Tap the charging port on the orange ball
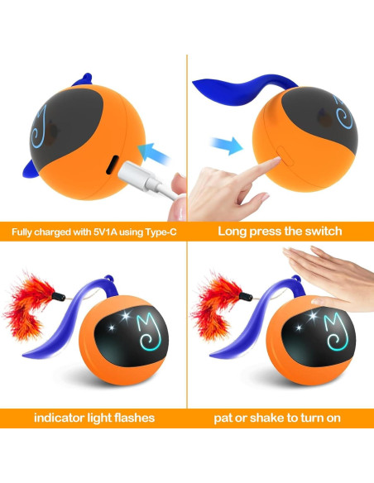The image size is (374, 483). point(110,163)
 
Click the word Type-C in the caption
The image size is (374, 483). point(156,231)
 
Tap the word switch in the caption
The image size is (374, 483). point(319,231)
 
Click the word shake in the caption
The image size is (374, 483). point(272,418)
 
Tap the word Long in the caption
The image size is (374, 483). point(233,231)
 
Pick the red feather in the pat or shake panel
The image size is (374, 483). point(213,310)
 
